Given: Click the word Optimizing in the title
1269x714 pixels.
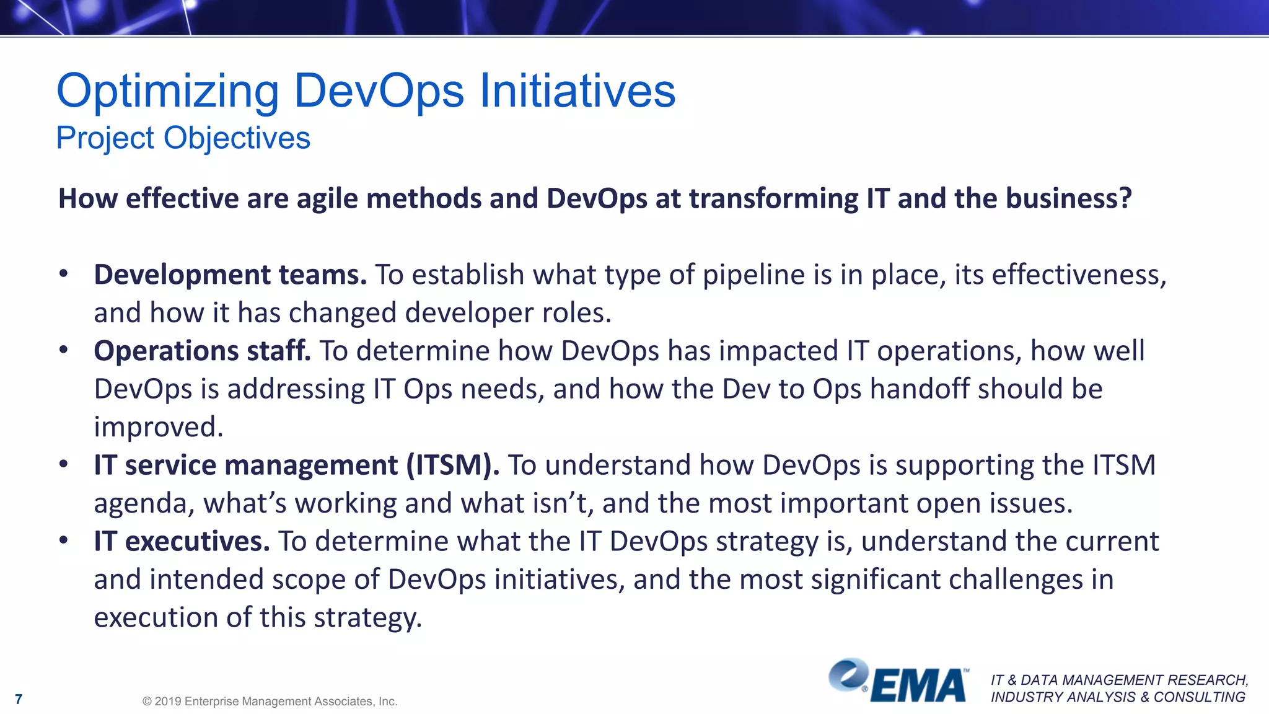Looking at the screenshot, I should pyautogui.click(x=167, y=92).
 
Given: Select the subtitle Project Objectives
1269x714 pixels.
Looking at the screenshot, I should pyautogui.click(x=183, y=138).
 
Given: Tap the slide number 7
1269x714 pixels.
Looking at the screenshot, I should pyautogui.click(x=19, y=700).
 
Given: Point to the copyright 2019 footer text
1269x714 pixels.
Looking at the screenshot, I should pyautogui.click(x=270, y=702).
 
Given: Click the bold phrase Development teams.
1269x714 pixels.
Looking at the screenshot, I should pyautogui.click(x=231, y=275).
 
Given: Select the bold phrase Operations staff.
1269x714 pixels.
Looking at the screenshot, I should pyautogui.click(x=202, y=351).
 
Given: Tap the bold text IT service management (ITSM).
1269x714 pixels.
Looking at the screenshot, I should pyautogui.click(x=296, y=465).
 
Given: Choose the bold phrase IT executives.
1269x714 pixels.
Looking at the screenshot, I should pyautogui.click(x=182, y=541).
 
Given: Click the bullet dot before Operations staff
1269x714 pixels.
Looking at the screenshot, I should pyautogui.click(x=63, y=350).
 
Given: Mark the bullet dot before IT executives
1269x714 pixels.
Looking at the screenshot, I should pyautogui.click(x=63, y=540).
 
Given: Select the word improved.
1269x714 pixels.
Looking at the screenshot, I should pyautogui.click(x=158, y=427).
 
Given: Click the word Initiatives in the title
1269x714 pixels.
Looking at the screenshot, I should pyautogui.click(x=577, y=92).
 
